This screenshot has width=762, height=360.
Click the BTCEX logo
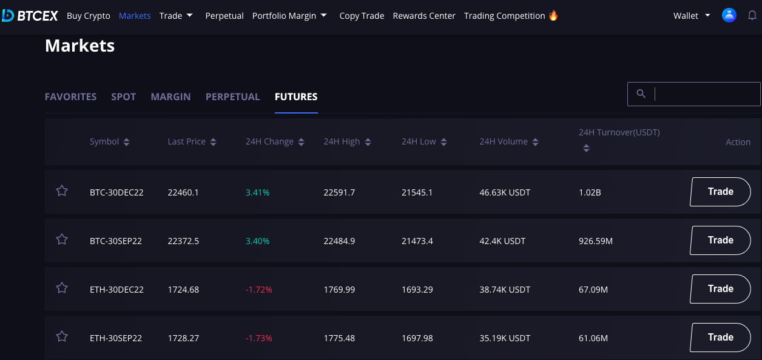pos(30,16)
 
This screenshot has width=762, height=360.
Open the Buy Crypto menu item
pos(89,16)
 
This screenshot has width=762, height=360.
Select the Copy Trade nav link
pos(362,16)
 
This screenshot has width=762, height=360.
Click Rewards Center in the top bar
pos(424,16)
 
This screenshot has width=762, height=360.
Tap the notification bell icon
pos(752,15)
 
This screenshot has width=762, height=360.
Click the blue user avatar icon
pos(729,15)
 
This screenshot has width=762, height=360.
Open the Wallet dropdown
pos(692,16)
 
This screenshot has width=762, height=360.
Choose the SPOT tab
pos(124,97)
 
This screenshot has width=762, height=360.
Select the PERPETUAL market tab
pos(233,97)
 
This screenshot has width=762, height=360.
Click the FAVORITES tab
pos(71,97)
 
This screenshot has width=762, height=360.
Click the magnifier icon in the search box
pos(641,93)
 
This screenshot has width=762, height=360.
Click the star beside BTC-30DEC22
pos(62,191)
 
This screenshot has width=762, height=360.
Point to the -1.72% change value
pos(258,290)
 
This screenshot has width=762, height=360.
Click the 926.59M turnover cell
pos(596,241)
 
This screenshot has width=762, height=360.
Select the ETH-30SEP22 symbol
pos(116,338)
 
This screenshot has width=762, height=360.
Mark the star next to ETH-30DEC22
pos(62,288)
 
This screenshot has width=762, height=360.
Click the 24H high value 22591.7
pos(339,192)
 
